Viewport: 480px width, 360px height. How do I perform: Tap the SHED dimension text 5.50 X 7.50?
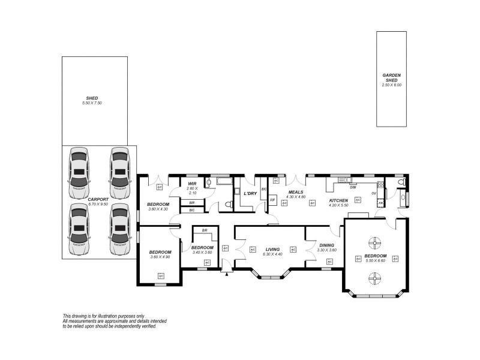pyautogui.click(x=92, y=103)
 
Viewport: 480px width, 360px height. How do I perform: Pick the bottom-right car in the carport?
pyautogui.click(x=120, y=230)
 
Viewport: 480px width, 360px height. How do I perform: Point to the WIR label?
pyautogui.click(x=192, y=184)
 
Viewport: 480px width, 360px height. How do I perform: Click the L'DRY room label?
pyautogui.click(x=250, y=193)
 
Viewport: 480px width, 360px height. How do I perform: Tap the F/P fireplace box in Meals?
pyautogui.click(x=272, y=200)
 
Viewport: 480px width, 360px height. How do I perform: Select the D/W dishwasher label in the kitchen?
pyautogui.click(x=353, y=187)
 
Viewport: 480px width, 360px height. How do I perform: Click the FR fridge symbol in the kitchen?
pyautogui.click(x=380, y=204)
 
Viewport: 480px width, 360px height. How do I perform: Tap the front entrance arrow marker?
pyautogui.click(x=226, y=274)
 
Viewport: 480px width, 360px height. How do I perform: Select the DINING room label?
pyautogui.click(x=327, y=245)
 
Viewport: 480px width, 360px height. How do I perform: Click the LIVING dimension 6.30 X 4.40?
pyautogui.click(x=272, y=254)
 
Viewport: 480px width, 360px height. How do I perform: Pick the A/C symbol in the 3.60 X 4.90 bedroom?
pyautogui.click(x=161, y=275)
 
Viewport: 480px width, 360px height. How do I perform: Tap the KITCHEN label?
pyautogui.click(x=338, y=200)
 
